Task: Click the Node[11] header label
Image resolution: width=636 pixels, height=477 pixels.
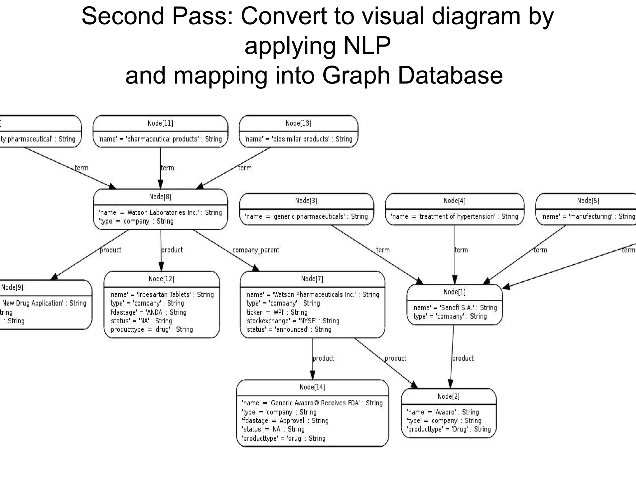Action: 160,123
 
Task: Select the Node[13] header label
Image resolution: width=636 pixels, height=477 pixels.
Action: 298,123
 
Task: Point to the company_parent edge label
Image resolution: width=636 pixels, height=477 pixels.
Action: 256,250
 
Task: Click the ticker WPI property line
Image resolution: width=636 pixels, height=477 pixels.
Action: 276,312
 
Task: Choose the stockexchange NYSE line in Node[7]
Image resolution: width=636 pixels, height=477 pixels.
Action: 292,321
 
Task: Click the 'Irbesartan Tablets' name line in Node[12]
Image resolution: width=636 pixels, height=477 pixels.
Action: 161,294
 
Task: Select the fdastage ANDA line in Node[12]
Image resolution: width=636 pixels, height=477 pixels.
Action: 148,312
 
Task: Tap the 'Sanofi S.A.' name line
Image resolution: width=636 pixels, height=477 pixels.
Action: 454,308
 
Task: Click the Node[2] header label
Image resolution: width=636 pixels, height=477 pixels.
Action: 448,396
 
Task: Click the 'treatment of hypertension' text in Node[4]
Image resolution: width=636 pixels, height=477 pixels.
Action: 454,216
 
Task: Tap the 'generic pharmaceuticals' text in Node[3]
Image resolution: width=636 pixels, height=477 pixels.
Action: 306,216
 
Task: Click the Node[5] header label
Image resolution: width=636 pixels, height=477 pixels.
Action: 588,201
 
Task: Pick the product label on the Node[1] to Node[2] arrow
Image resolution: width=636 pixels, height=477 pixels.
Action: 463,358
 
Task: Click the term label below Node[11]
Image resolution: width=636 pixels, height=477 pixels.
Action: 167,168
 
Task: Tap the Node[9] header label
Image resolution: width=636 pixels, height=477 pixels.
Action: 12,287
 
